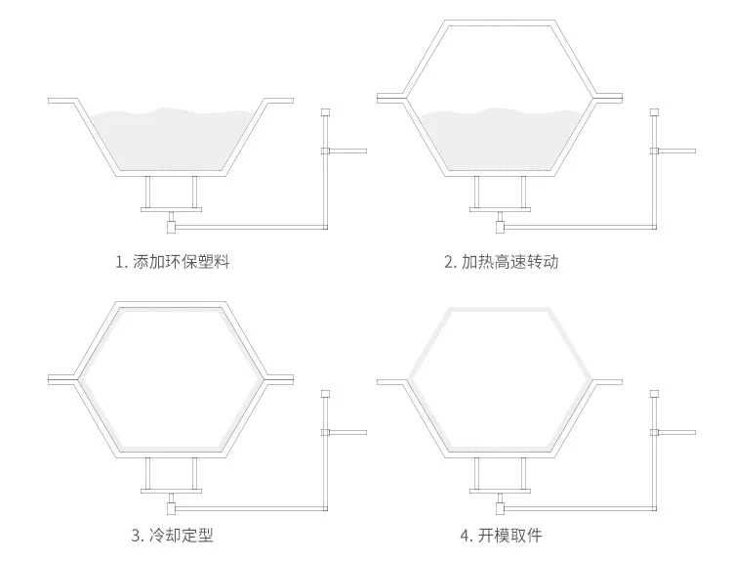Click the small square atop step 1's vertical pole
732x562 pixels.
(325, 112)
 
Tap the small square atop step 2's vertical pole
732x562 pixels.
(654, 112)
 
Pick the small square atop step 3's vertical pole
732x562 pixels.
(325, 394)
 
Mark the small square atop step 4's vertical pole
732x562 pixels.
(654, 394)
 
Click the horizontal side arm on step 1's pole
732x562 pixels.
(347, 151)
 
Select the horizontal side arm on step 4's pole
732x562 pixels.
(676, 432)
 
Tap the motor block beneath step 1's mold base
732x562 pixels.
(172, 227)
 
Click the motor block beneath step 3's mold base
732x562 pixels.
(172, 508)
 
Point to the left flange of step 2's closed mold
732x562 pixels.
(391, 98)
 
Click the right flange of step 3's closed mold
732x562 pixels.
(280, 379)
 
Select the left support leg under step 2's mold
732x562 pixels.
(477, 193)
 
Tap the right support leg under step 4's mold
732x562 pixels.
(523, 474)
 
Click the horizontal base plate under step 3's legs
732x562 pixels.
(172, 492)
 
